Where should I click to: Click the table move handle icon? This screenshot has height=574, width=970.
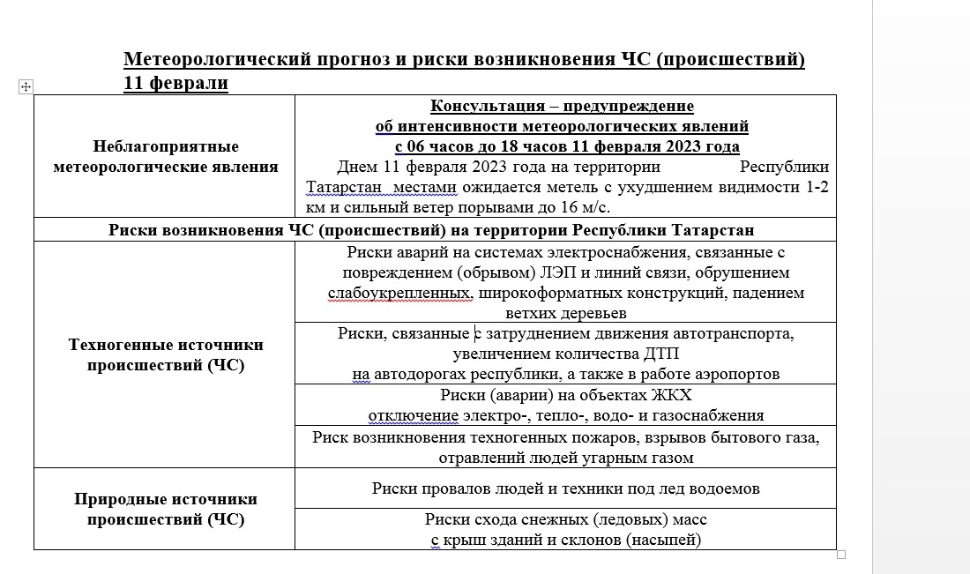pyautogui.click(x=26, y=86)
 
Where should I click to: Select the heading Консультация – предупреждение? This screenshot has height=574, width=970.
pyautogui.click(x=562, y=107)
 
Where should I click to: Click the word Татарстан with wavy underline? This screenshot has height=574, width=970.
pyautogui.click(x=343, y=188)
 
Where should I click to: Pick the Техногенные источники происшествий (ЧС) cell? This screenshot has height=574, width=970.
pyautogui.click(x=165, y=354)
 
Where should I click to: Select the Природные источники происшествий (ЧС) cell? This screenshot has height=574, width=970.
pyautogui.click(x=165, y=509)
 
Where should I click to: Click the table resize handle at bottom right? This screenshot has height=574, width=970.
pyautogui.click(x=840, y=555)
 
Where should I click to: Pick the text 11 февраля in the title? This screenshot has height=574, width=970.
pyautogui.click(x=175, y=84)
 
